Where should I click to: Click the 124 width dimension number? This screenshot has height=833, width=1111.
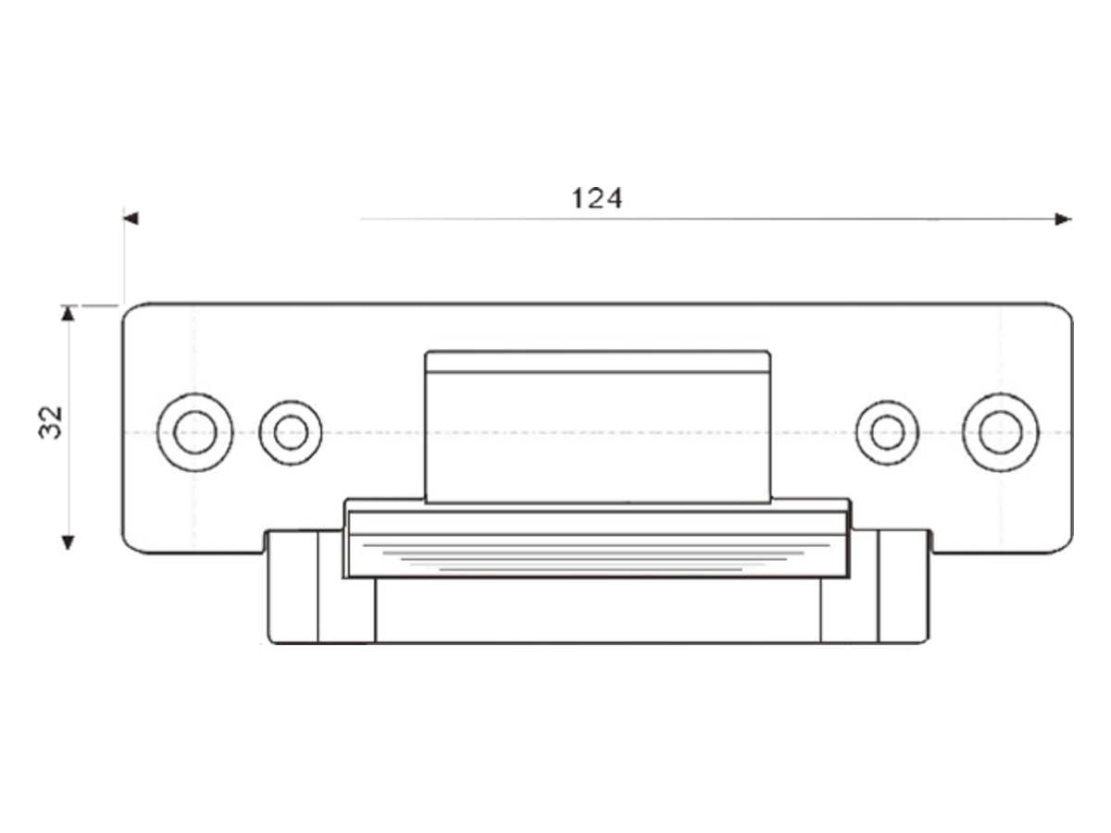[x=597, y=198]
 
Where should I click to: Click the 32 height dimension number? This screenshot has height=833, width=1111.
[x=51, y=422]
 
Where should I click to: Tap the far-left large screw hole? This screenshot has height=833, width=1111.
[x=195, y=432]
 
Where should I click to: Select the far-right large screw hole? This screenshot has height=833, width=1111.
[x=1000, y=432]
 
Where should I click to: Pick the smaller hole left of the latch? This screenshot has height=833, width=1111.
[x=291, y=433]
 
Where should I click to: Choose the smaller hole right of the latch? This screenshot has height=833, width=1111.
[x=887, y=433]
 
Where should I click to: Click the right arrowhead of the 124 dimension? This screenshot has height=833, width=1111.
[x=1064, y=219]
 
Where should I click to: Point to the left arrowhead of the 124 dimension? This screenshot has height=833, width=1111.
[x=131, y=218]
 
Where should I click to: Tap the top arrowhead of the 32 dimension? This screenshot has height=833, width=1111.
[x=68, y=314]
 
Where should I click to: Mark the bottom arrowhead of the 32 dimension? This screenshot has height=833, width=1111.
[x=68, y=542]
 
